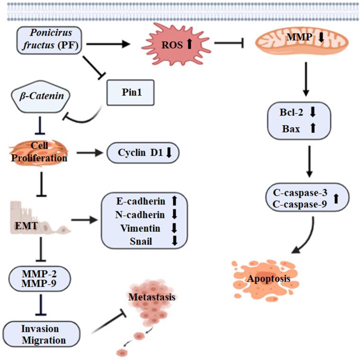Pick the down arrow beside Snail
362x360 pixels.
(x=174, y=241)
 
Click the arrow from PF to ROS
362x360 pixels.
(x=108, y=44)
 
